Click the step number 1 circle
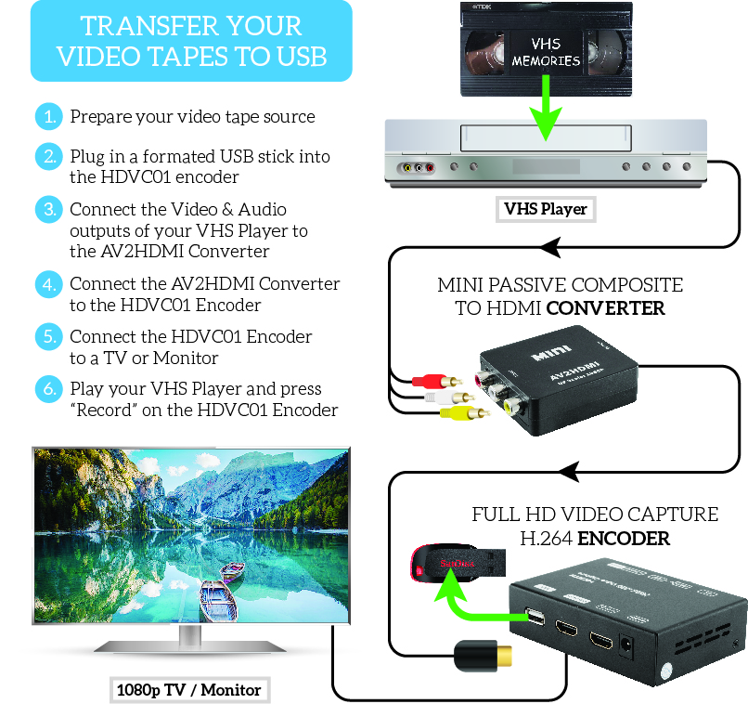46,117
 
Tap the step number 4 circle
46,283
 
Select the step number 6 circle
46,389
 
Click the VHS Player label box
545,209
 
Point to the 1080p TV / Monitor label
188,690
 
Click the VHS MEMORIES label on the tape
546,53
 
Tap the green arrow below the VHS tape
545,110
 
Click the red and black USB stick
458,563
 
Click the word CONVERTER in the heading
605,308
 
